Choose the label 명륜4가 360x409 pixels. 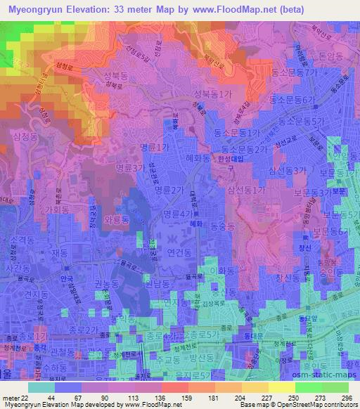177,214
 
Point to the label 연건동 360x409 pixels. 178,251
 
